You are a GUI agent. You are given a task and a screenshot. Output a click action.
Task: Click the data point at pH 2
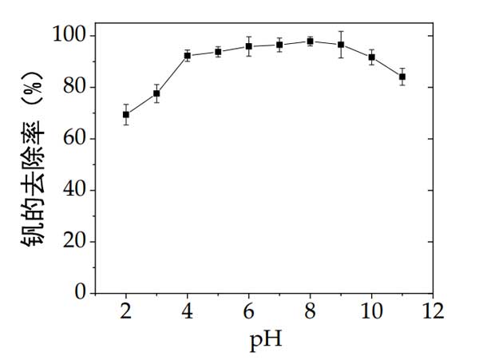126,114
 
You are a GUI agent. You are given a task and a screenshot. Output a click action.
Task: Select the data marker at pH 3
156,93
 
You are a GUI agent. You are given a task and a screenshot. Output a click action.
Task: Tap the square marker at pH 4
188,55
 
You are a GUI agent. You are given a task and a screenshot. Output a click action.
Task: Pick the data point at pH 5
218,52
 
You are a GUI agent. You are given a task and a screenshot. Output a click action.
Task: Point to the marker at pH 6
249,46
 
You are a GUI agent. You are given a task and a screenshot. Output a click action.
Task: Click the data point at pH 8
310,42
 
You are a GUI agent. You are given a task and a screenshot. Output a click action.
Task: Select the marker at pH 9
341,45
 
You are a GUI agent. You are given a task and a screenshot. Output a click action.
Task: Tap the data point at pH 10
371,57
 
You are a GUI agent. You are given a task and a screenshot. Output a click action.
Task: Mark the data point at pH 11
402,77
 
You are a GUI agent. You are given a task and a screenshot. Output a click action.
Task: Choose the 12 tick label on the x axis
433,310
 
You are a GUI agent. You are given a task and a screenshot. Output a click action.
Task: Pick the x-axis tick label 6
249,310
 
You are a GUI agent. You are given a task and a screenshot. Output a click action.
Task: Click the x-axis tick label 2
126,310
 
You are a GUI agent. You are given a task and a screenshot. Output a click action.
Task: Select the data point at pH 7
279,45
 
